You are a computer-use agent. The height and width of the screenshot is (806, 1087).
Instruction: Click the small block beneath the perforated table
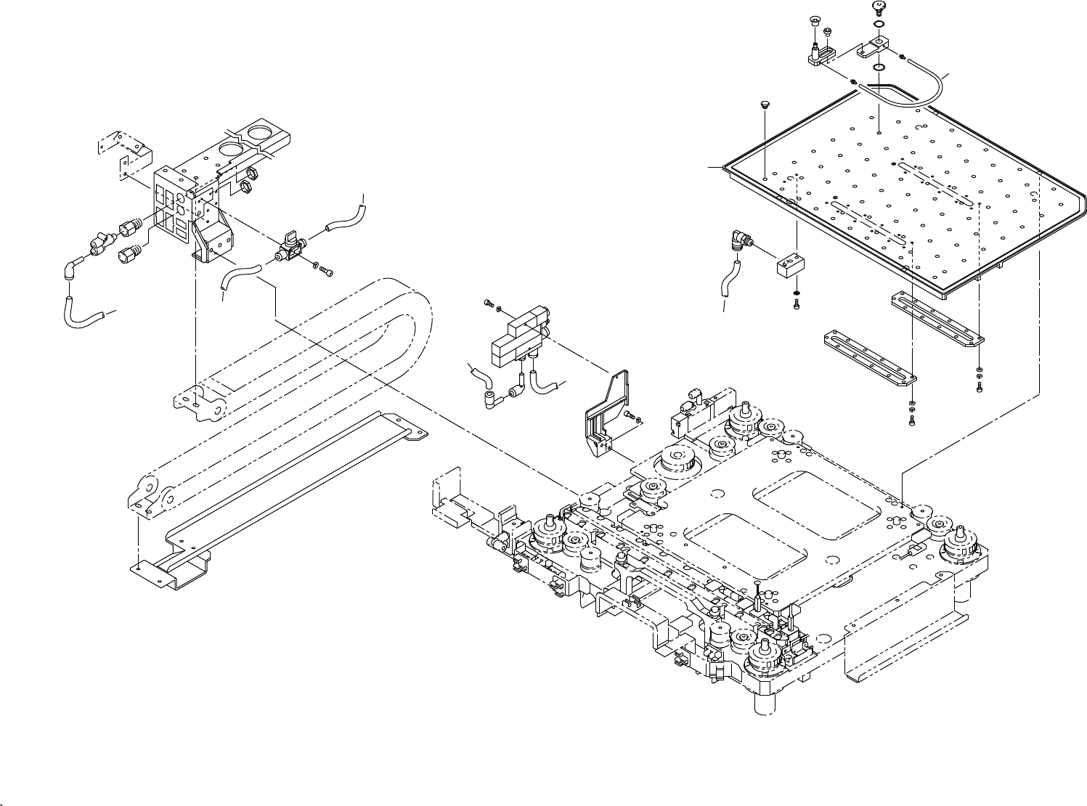tap(787, 266)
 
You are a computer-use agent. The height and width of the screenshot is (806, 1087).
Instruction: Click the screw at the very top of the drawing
tap(877, 7)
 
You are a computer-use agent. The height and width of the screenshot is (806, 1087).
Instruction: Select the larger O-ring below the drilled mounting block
tap(879, 68)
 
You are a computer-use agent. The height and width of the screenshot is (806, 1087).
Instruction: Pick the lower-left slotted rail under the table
tap(869, 357)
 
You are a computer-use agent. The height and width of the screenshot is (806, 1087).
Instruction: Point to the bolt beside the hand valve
tap(325, 271)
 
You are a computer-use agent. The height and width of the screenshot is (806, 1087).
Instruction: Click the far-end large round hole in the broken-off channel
tap(258, 133)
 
